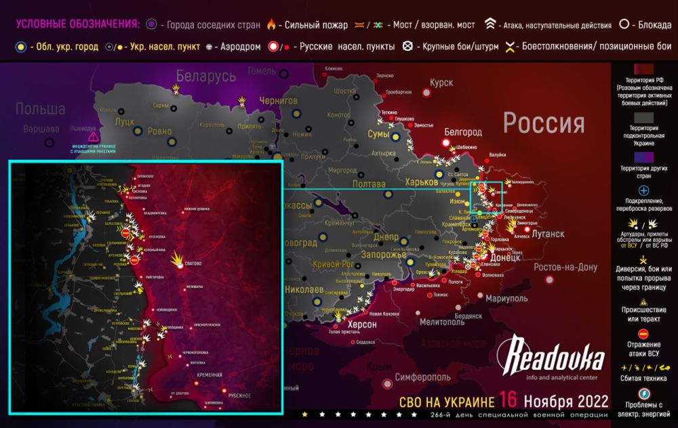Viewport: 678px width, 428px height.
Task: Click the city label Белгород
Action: click(463, 131)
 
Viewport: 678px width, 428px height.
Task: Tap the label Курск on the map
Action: click(441, 83)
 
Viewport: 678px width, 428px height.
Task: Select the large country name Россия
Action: click(543, 124)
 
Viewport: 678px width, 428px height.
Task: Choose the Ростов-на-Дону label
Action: click(566, 266)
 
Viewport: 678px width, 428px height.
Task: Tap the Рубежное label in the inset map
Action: click(239, 395)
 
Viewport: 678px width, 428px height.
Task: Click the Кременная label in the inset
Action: click(209, 374)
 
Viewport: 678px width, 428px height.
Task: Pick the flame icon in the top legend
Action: click(271, 25)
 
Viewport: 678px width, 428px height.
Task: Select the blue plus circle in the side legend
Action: click(643, 191)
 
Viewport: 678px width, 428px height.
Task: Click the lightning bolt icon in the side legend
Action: click(643, 393)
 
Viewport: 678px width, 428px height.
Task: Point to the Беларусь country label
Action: click(206, 77)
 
